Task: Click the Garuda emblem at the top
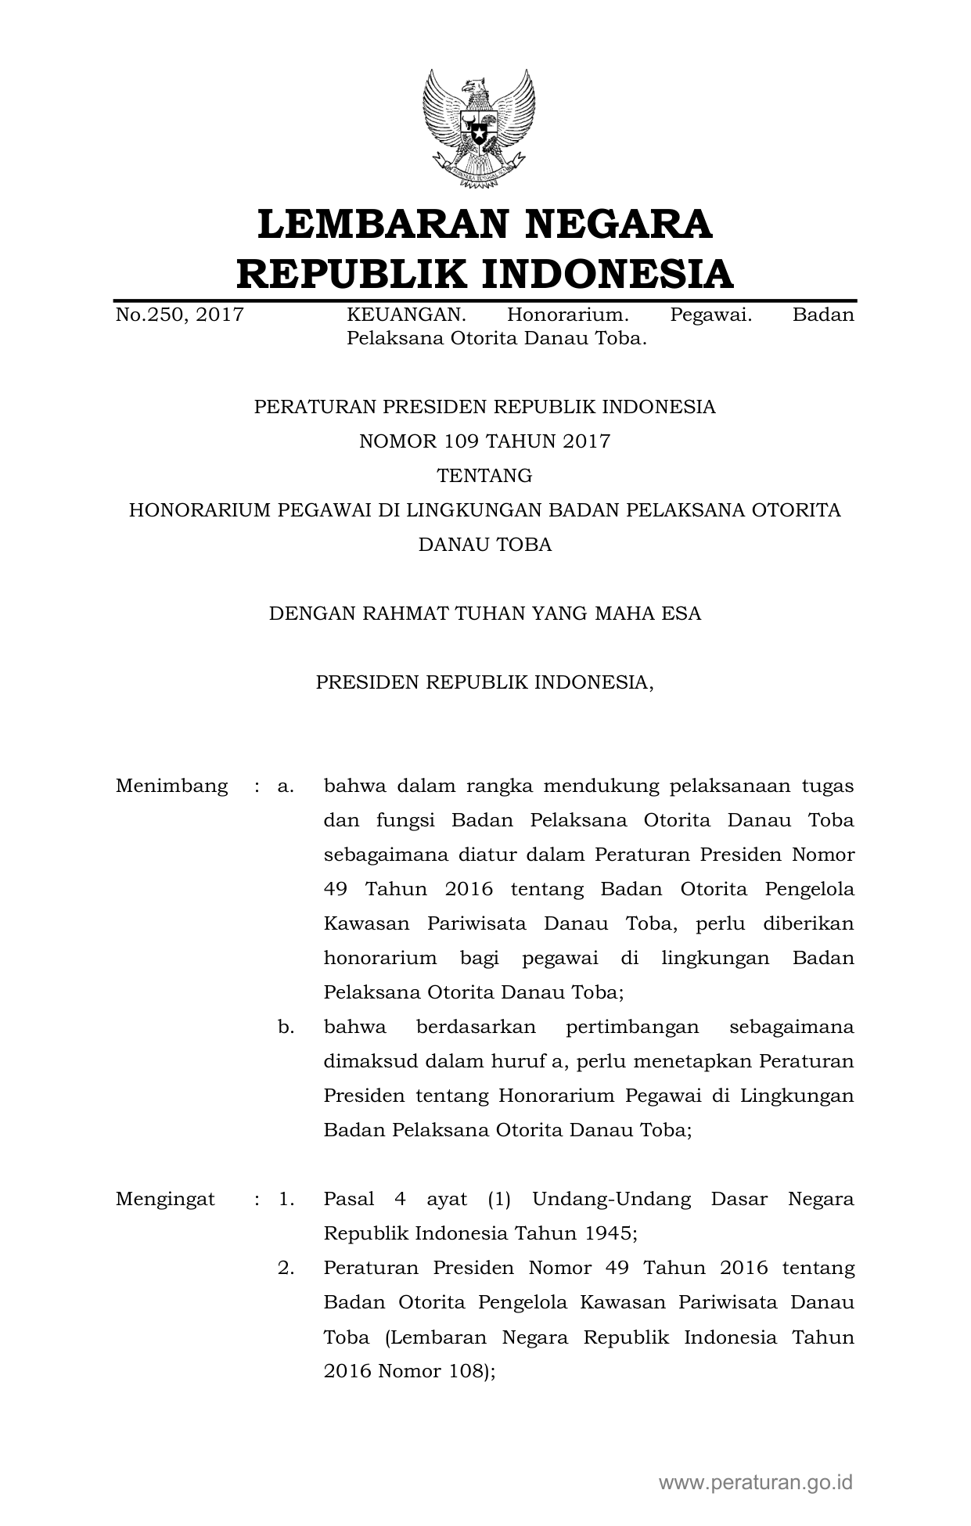pos(479,129)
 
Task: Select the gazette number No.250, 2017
pos(180,315)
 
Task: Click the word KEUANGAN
pos(406,315)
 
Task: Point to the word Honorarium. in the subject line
pos(568,315)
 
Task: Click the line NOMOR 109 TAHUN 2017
pos(484,441)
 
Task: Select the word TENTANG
pos(484,476)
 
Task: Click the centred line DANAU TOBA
pos(484,545)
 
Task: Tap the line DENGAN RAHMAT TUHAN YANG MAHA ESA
pos(484,614)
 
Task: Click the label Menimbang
pos(171,786)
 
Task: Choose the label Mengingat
pos(165,1199)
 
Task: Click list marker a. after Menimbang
pos(286,786)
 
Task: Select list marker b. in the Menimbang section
pos(286,1027)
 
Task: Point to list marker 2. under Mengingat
pos(286,1268)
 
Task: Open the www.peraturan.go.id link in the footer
pos(755,1482)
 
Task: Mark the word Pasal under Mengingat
pos(349,1199)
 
